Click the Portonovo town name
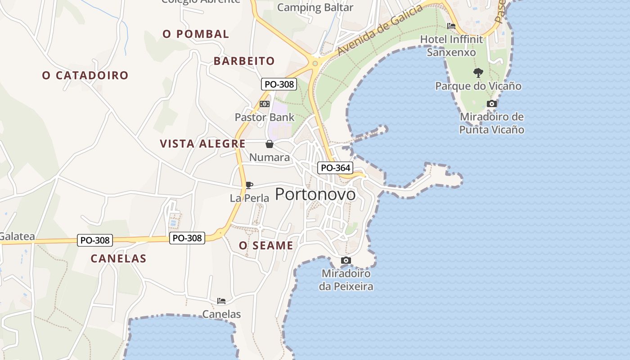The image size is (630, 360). [315, 194]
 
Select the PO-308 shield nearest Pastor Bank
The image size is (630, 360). [279, 84]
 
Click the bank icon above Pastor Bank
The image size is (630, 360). [265, 104]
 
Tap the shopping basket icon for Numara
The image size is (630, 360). [269, 144]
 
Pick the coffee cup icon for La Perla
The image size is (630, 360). [249, 185]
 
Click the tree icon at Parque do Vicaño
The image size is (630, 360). [478, 72]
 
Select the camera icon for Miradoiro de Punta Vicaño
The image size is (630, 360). [492, 104]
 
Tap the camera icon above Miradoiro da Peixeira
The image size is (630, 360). [346, 260]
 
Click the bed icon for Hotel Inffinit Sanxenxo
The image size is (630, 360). [451, 26]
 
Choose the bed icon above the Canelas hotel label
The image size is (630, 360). [221, 301]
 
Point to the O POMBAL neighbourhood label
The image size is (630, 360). [196, 34]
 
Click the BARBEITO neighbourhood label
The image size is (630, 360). [244, 61]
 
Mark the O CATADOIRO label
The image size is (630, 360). [85, 76]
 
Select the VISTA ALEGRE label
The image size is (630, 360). [202, 144]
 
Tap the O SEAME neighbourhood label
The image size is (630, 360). [266, 246]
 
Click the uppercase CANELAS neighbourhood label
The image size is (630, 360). [118, 259]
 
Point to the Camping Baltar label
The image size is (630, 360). [315, 7]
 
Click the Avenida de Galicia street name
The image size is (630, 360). [380, 31]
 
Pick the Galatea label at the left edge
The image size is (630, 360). [17, 236]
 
